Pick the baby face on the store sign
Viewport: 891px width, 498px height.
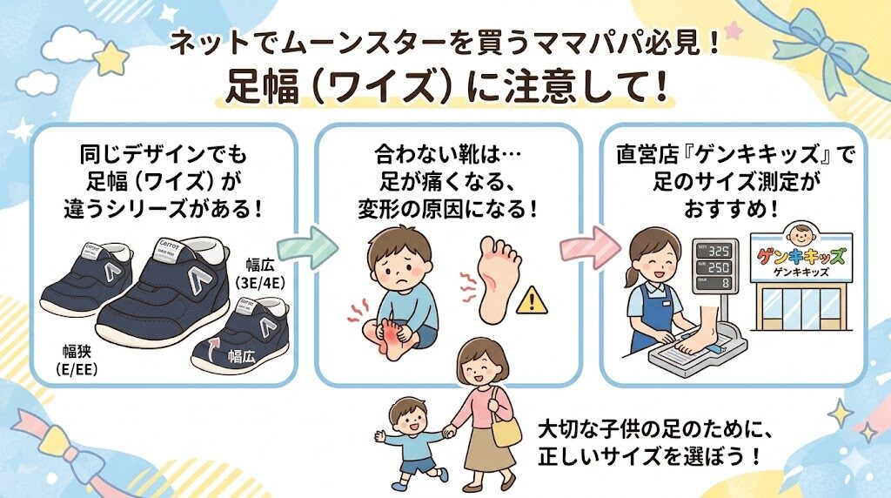[x=801, y=234]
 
